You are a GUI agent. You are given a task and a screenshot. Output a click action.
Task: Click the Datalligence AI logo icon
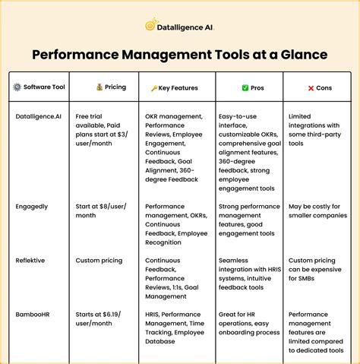(151, 25)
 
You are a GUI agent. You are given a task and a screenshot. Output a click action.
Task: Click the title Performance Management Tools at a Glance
(180, 55)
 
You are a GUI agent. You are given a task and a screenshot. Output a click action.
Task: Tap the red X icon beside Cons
(311, 87)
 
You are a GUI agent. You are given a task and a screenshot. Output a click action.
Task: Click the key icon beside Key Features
(154, 88)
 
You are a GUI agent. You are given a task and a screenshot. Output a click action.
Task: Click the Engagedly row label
(33, 206)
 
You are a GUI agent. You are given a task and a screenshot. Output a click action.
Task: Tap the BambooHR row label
(35, 314)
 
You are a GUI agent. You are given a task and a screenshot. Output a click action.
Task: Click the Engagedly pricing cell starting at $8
(101, 211)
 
